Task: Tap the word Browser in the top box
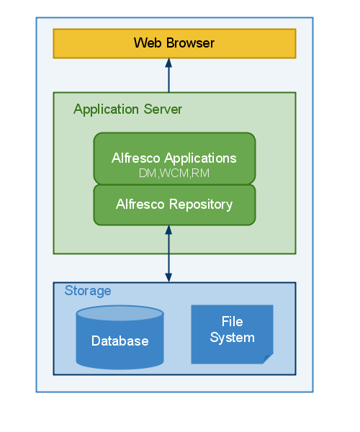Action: click(190, 43)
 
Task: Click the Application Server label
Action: click(127, 109)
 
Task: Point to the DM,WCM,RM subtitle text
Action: click(174, 173)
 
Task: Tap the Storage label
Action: click(88, 291)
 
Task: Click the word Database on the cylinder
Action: click(120, 341)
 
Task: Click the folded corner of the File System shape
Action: click(268, 358)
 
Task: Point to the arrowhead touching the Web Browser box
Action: click(168, 63)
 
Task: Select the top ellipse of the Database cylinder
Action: click(120, 313)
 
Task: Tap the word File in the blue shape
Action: click(232, 322)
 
